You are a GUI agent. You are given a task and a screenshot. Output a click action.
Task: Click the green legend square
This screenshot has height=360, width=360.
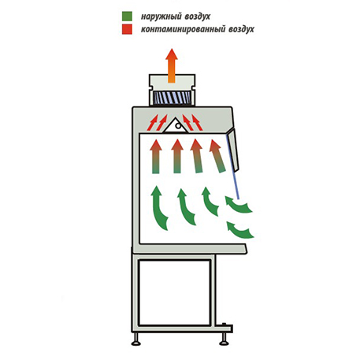(x=127, y=16)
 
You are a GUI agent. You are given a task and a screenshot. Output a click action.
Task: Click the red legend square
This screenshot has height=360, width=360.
(x=127, y=29)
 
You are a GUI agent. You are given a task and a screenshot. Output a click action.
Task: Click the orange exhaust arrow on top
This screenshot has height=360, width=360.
(x=172, y=65)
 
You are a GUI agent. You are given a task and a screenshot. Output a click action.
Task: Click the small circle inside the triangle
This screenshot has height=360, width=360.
(x=178, y=126)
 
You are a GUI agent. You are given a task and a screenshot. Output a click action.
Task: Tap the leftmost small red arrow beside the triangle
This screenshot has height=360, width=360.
(x=153, y=122)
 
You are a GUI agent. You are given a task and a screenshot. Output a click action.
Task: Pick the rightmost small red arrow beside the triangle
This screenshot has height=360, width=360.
(x=197, y=122)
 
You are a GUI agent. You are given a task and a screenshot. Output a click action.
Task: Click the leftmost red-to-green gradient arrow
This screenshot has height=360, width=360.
(x=156, y=157)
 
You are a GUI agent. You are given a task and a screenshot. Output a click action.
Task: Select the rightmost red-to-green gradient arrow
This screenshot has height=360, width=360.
(x=217, y=156)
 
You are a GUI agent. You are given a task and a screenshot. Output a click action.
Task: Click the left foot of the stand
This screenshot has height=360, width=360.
(x=135, y=338)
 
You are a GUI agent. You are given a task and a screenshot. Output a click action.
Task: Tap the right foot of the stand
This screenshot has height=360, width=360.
(x=224, y=338)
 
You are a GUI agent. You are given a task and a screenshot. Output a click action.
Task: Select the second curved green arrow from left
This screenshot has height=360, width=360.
(x=187, y=207)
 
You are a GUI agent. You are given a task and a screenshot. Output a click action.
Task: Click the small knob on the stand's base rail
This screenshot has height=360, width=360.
(x=224, y=325)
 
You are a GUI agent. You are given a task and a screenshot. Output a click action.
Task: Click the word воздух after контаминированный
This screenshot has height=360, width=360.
(x=241, y=29)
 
